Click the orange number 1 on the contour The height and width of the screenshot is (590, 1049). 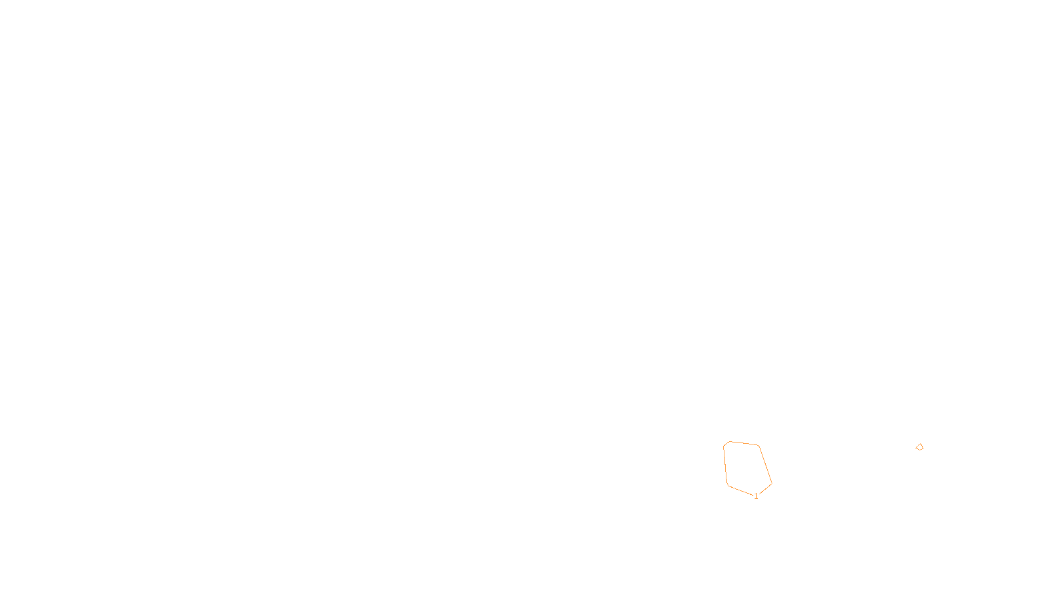coord(756,496)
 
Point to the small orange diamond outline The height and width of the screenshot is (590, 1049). coord(919,447)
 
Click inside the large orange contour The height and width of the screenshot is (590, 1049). coord(746,467)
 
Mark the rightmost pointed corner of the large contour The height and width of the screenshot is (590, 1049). coord(772,484)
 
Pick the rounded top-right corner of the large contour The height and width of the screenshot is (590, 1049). coord(759,446)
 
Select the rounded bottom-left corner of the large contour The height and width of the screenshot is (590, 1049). coord(728,485)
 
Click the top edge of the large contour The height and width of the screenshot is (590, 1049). coord(744,443)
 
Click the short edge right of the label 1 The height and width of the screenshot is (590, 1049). coord(765,489)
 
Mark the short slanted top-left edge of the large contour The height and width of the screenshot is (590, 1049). coord(726,444)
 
